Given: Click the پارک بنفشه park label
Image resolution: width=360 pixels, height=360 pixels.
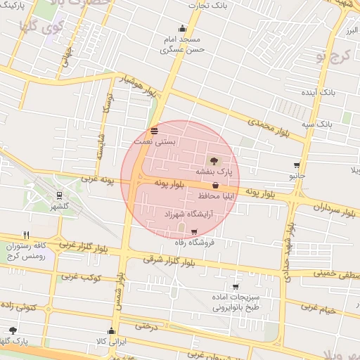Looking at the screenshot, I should pos(214,171).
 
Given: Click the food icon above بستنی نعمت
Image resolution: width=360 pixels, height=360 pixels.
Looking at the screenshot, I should pos(155,131).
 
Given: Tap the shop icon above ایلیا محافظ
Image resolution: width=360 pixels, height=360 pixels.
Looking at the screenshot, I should pos(214,186).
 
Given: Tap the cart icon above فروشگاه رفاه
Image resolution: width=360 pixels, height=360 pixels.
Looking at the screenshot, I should pos(194,231).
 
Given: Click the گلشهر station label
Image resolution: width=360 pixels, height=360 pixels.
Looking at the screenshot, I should pos(60,206).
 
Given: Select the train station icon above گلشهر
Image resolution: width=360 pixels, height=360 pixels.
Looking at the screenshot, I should pos(60,196).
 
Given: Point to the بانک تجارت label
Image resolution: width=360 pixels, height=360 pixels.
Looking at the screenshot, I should pos(209,6).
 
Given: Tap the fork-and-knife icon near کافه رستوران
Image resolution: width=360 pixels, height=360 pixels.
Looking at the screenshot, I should pos(27,235).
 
